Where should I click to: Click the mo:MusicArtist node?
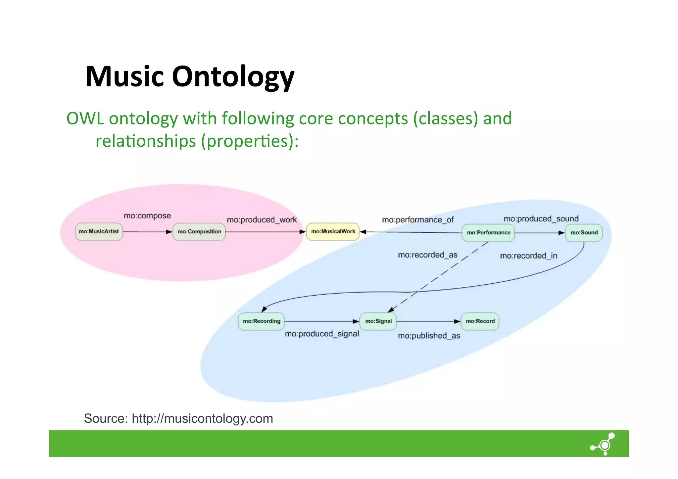pyautogui.click(x=99, y=232)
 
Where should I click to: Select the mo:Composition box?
pyautogui.click(x=199, y=232)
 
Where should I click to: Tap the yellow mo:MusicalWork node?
pyautogui.click(x=333, y=231)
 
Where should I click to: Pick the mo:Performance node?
pyautogui.click(x=488, y=233)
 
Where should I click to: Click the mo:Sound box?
pyautogui.click(x=584, y=233)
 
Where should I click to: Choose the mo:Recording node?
pyautogui.click(x=261, y=321)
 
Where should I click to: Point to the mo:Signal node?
pyautogui.click(x=378, y=321)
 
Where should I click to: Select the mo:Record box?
pyautogui.click(x=480, y=321)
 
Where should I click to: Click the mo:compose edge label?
pyautogui.click(x=147, y=216)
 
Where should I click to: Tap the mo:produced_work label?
pyautogui.click(x=262, y=220)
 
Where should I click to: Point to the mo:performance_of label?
pyautogui.click(x=417, y=220)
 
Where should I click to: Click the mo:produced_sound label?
pyautogui.click(x=541, y=219)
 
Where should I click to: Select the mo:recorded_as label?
pyautogui.click(x=427, y=255)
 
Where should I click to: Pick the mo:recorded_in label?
pyautogui.click(x=528, y=256)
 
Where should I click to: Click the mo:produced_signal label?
pyautogui.click(x=322, y=334)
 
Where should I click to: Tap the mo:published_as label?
pyautogui.click(x=429, y=336)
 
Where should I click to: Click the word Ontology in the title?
pyautogui.click(x=233, y=77)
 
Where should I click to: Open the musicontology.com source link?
pyautogui.click(x=202, y=418)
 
